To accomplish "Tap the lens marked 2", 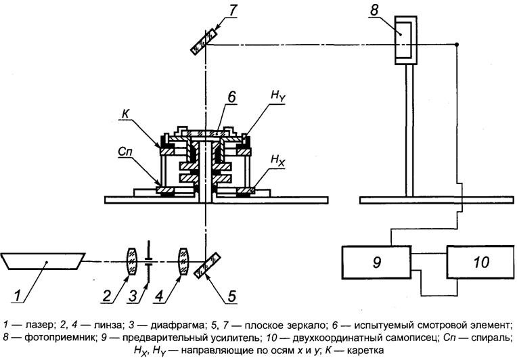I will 131,261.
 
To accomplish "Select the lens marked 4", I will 182,261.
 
